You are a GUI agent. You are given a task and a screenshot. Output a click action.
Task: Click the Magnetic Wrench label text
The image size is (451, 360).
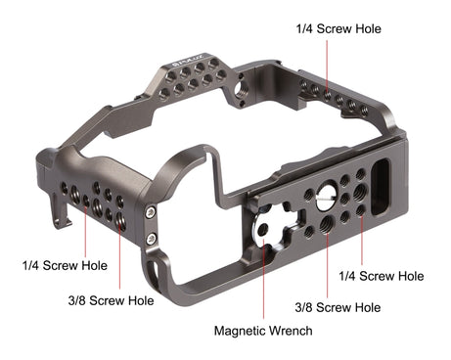coord(263,331)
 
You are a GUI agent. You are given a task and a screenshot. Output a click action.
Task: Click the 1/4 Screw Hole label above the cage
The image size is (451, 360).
coord(338,28)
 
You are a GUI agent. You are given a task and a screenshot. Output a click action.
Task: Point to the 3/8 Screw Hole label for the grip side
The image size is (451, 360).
coord(111,300)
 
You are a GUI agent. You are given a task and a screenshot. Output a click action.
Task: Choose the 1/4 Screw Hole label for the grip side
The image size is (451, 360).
coord(65,265)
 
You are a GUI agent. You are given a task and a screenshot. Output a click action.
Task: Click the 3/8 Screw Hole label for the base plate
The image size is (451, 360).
coord(338,307)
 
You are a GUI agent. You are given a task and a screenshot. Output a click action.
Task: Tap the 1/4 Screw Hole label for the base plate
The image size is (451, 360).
coord(382,276)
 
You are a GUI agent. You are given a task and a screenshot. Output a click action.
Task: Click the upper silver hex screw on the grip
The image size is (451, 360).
coord(151,213)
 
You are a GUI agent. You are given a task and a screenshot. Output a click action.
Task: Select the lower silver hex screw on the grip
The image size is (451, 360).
coord(151,239)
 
